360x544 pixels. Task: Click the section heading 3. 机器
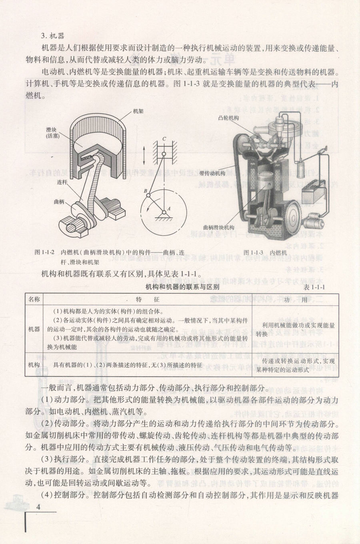coord(53,36)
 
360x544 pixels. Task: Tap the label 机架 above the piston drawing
coord(138,112)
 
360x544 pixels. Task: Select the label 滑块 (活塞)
coord(52,133)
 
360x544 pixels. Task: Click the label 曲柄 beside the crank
coord(59,201)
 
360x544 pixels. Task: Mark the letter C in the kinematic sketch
coord(164,139)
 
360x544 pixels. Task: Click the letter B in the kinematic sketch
coord(146,191)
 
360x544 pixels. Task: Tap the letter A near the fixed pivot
coord(169,208)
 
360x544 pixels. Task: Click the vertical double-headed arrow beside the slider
coord(144,155)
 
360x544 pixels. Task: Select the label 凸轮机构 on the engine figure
coord(228,118)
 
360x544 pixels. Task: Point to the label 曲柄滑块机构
coord(219,227)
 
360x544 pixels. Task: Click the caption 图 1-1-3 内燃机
coord(265,253)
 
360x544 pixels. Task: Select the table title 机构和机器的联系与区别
coord(182,287)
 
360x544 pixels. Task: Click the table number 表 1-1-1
coord(314,287)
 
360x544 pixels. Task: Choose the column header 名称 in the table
coord(34,299)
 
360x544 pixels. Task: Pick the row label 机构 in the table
coord(34,365)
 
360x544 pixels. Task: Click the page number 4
coord(38,507)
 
